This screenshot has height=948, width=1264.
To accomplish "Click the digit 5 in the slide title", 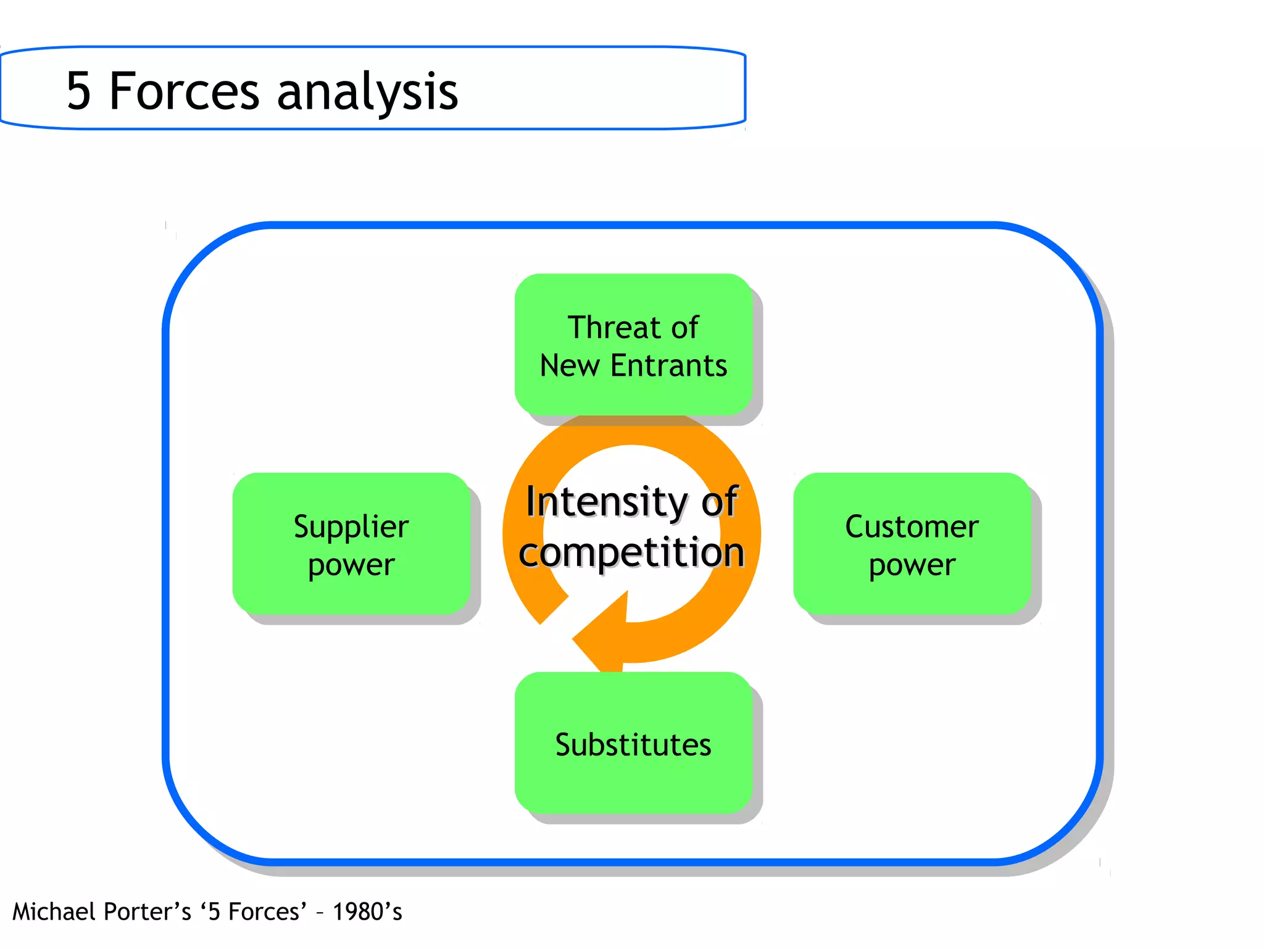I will pyautogui.click(x=79, y=91).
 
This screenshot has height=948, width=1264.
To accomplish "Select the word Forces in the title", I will pyautogui.click(x=184, y=91).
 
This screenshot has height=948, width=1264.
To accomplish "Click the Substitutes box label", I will pyautogui.click(x=633, y=744).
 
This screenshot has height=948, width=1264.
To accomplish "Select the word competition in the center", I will pyautogui.click(x=631, y=552).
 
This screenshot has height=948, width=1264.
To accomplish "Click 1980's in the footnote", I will pyautogui.click(x=367, y=912).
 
